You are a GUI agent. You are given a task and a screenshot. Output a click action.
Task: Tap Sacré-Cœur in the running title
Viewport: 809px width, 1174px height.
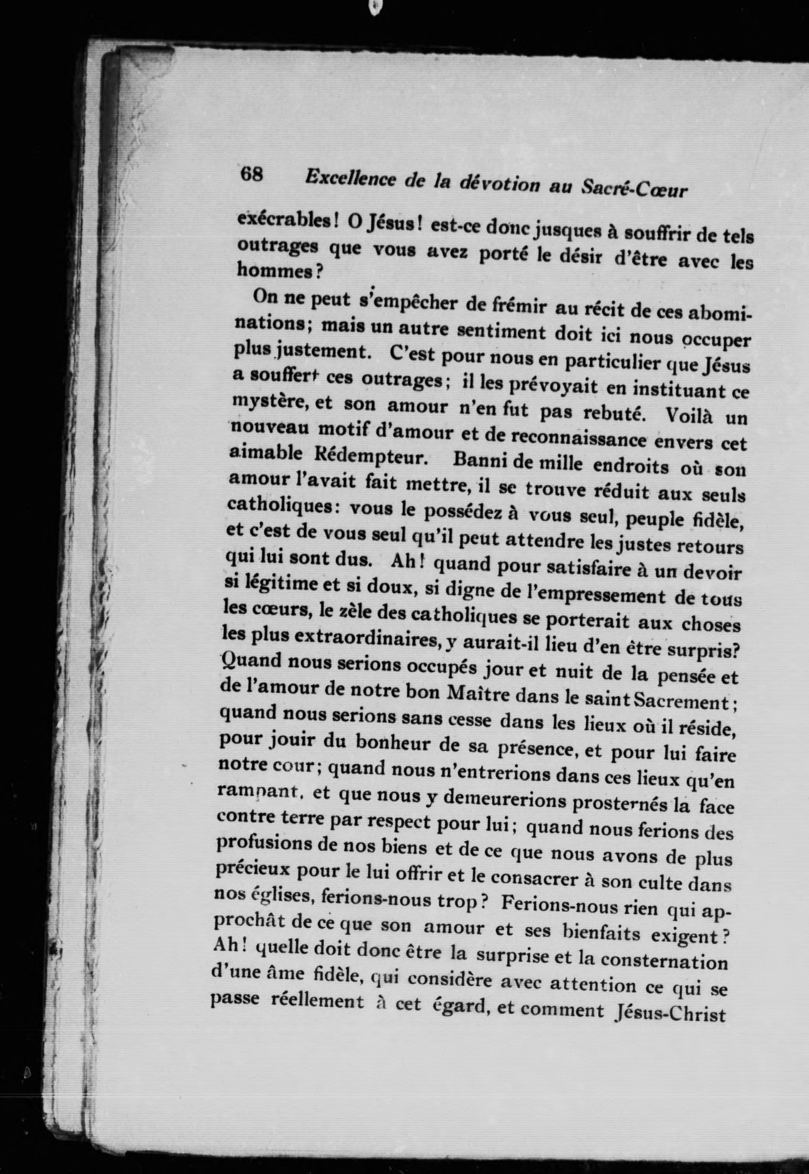(x=634, y=189)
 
